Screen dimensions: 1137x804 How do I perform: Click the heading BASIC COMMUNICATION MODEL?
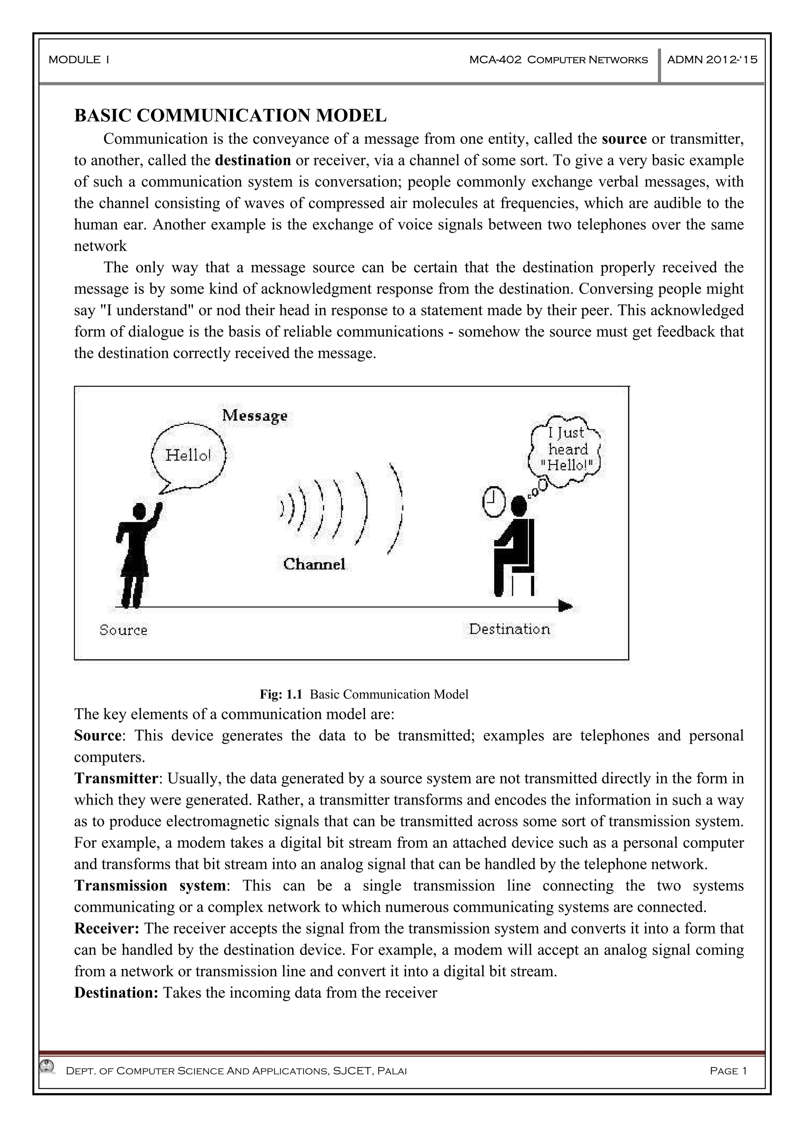pos(230,115)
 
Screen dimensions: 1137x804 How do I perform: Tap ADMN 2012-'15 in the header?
pos(712,60)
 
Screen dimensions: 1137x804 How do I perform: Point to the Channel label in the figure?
pos(314,564)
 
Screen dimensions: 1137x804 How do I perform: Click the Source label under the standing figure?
pos(123,630)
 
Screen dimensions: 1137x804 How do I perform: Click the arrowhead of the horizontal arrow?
pos(565,606)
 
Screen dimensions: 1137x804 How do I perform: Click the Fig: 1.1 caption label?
pos(280,694)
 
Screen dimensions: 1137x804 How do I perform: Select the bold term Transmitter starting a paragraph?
pos(116,778)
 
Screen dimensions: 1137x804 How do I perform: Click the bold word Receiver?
pos(107,928)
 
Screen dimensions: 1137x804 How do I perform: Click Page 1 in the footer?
pos(728,1071)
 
